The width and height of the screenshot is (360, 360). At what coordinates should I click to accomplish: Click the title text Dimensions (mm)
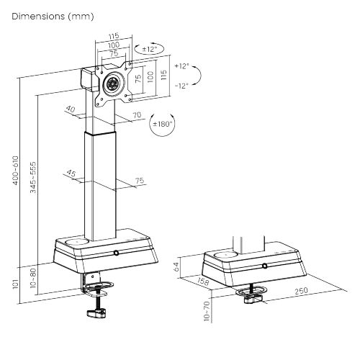click(53, 17)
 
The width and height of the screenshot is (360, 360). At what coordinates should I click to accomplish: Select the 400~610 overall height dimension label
click(15, 171)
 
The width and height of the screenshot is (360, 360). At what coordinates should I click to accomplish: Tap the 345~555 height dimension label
click(33, 177)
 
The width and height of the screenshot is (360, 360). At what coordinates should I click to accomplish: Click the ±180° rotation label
click(163, 124)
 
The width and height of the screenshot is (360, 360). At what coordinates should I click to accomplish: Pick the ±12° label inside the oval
click(149, 49)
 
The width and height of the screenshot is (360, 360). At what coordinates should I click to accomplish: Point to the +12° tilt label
click(181, 66)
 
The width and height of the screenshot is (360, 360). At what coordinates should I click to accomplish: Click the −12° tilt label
click(181, 86)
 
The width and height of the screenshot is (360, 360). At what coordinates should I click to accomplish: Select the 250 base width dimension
click(301, 291)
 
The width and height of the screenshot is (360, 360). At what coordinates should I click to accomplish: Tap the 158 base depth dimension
click(203, 281)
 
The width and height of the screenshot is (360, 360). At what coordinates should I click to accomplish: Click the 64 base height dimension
click(176, 266)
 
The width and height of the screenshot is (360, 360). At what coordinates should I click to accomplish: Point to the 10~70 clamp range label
click(207, 311)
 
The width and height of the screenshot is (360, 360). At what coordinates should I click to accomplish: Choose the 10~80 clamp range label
click(33, 278)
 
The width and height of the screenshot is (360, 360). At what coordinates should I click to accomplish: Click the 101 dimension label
click(15, 284)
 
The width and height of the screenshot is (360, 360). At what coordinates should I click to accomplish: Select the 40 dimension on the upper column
click(71, 109)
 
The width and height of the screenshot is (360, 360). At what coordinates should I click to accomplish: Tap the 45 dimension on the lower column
click(71, 173)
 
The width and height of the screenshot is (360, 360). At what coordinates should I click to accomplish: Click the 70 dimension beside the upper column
click(137, 115)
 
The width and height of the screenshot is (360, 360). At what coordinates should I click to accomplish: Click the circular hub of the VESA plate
click(112, 84)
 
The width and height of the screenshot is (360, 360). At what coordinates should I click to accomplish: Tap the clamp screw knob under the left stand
click(96, 313)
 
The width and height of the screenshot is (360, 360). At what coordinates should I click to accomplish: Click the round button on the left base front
click(117, 253)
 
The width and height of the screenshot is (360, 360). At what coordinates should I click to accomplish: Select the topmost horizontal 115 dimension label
click(114, 36)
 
